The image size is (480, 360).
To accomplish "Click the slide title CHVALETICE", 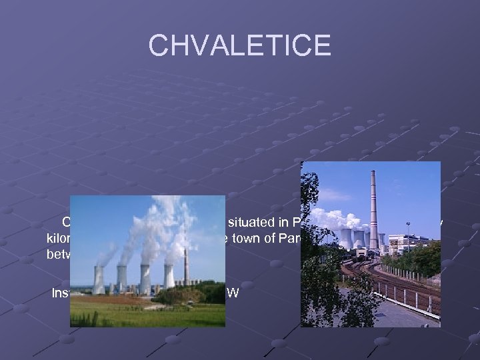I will [239, 45].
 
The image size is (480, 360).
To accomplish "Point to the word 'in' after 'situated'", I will [281, 223].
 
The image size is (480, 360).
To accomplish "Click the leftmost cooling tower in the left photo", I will [99, 279].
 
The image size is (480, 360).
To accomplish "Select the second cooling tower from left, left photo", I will [122, 278].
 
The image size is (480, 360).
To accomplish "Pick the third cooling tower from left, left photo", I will [145, 279].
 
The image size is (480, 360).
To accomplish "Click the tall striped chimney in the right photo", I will [373, 213].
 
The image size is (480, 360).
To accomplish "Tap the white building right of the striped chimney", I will [403, 244].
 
